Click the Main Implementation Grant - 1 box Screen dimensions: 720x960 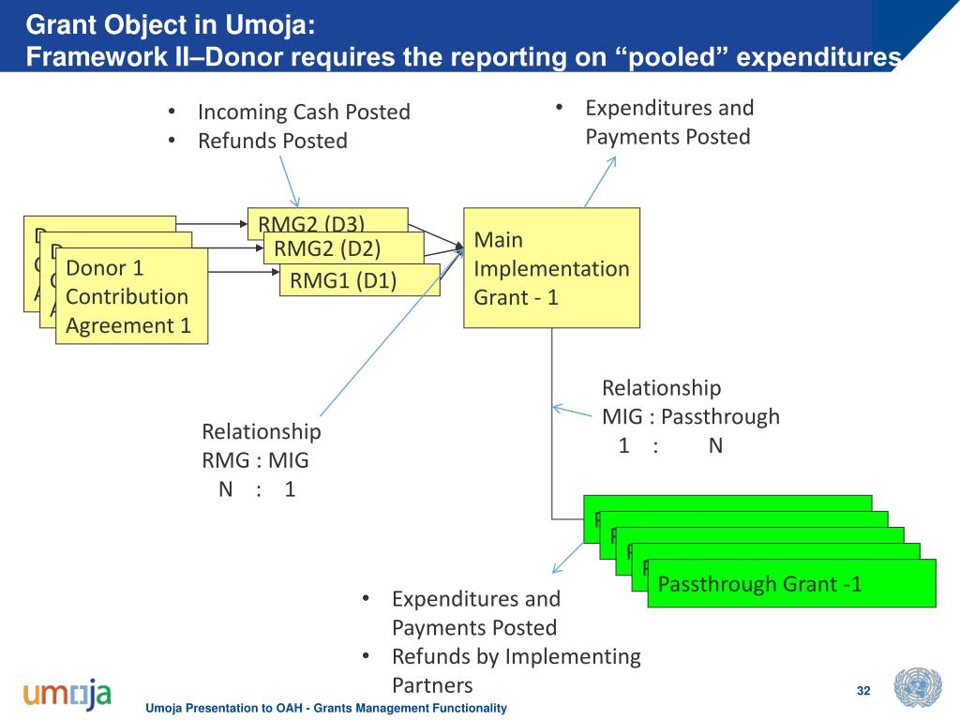551,268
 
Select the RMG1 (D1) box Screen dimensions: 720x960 359,280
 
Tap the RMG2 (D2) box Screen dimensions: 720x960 343,248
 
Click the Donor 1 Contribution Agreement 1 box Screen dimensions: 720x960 130,296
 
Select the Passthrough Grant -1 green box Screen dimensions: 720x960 790,584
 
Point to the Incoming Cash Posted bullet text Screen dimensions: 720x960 304,112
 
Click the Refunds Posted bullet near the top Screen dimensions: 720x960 272,142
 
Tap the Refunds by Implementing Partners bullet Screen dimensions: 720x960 516,670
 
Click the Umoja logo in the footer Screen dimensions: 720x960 67,695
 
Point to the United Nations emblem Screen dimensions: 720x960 917,688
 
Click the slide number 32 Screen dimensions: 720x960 863,692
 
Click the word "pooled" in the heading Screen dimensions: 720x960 671,57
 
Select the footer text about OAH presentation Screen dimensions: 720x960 326,709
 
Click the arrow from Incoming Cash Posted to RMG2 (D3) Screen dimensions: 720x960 290,181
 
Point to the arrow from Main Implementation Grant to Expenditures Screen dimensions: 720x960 601,180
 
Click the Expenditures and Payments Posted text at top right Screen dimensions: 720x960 668,122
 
